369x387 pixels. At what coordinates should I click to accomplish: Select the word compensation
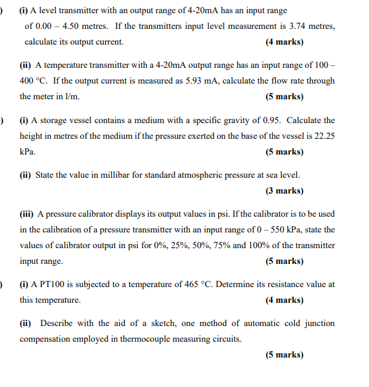point(47,339)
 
